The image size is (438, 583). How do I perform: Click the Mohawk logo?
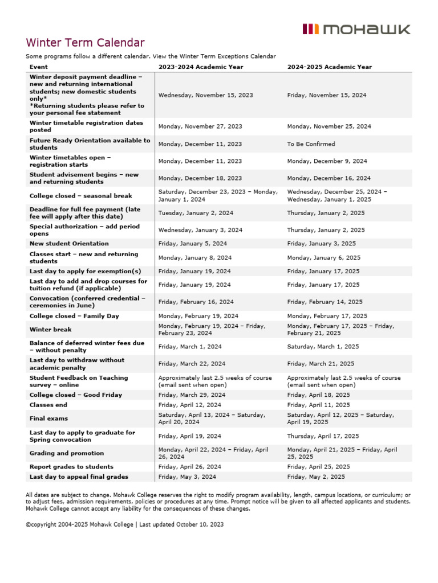(356, 29)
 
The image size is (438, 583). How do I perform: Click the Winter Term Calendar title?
(85, 43)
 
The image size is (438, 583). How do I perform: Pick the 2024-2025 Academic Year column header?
(329, 67)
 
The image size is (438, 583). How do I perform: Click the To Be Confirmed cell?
(311, 144)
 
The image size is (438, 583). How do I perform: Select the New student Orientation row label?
(69, 244)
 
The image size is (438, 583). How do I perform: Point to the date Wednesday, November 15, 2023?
(205, 95)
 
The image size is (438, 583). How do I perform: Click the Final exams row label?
(48, 418)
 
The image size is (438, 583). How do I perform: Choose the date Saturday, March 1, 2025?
(323, 346)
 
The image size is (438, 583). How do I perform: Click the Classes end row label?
(48, 405)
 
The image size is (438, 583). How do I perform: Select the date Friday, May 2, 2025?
(316, 477)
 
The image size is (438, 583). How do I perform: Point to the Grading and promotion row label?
(67, 453)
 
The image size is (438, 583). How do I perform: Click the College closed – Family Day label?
(74, 315)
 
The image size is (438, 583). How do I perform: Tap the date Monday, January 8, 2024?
(195, 257)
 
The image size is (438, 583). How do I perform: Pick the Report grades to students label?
(70, 466)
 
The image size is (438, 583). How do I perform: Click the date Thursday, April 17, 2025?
(323, 436)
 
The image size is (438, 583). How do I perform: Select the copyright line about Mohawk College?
(124, 524)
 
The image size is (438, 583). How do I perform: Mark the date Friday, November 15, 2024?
(327, 95)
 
